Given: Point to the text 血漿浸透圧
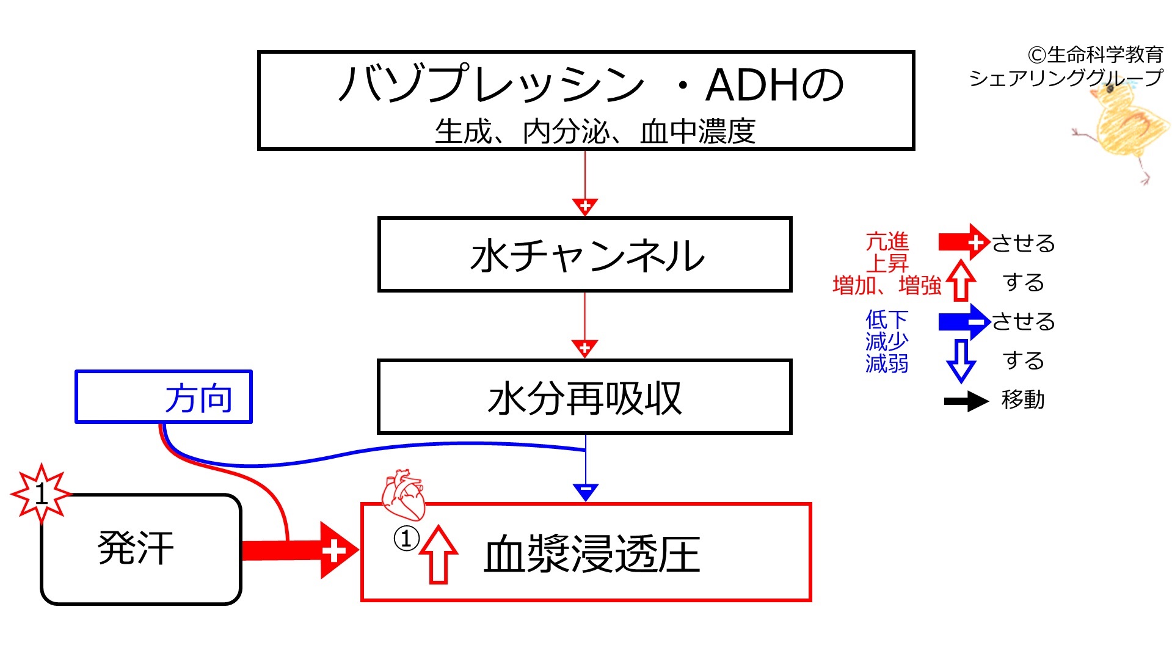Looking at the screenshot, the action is [591, 555].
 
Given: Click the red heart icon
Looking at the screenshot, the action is [403, 493].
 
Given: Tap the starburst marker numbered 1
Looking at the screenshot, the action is [41, 493].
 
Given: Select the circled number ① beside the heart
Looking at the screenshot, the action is [406, 539].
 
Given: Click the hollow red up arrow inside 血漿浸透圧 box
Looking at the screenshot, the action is [439, 555].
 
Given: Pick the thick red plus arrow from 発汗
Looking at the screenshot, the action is [300, 550].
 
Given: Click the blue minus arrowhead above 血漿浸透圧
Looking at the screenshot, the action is [585, 492].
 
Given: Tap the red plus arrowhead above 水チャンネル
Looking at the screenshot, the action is [585, 207].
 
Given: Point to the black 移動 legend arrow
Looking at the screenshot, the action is [966, 401].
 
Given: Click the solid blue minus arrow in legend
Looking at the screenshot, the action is [964, 322].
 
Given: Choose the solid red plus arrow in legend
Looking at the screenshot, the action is [964, 242].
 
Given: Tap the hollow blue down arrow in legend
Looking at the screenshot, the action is [961, 361].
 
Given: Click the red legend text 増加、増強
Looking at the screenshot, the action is [887, 285].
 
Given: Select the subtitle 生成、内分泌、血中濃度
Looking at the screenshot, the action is [595, 131].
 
